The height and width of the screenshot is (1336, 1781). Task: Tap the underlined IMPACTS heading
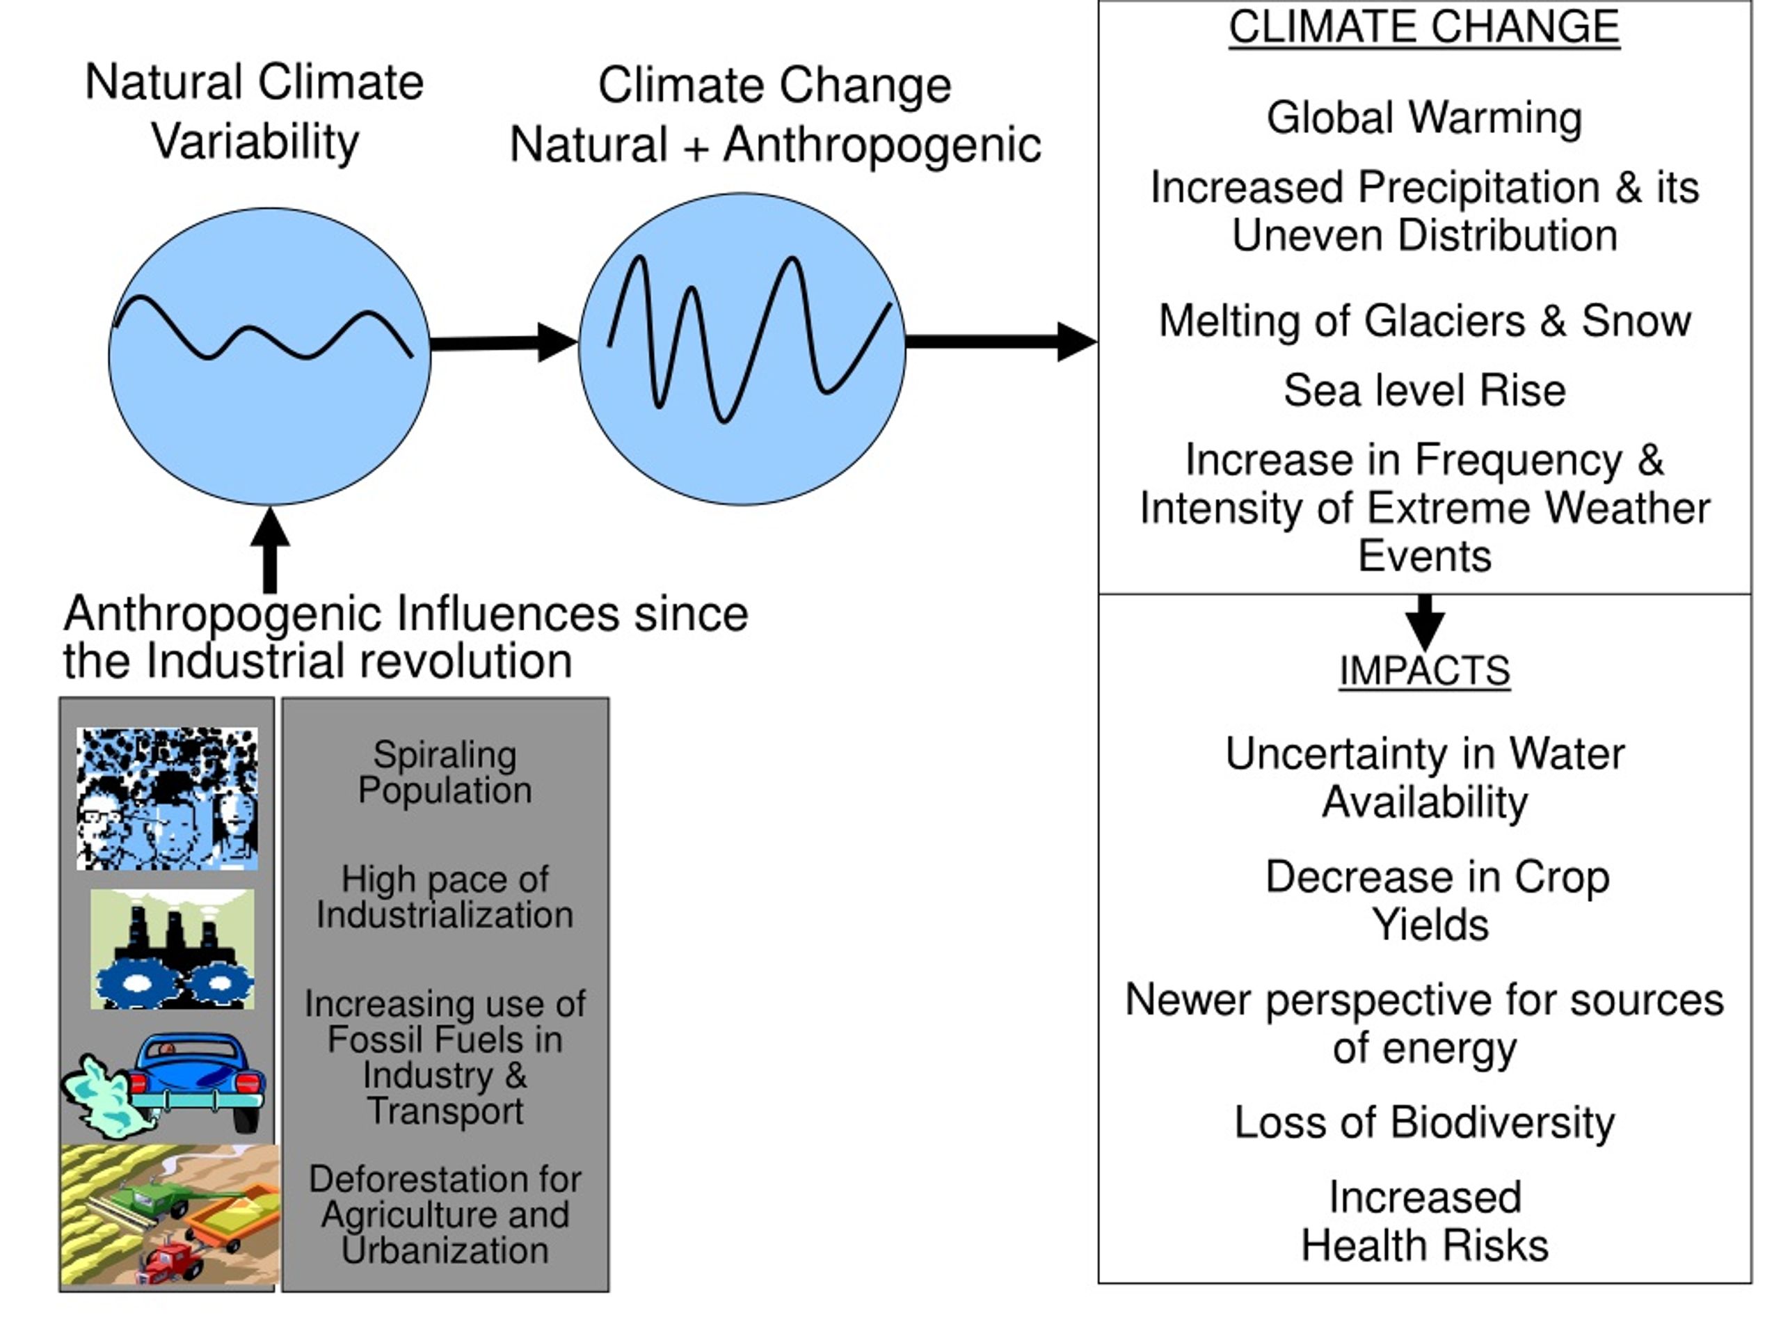coord(1424,671)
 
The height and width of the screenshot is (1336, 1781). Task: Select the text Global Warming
coord(1424,118)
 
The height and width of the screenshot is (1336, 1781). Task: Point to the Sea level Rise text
coord(1424,390)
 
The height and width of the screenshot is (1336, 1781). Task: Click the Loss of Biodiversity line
coord(1424,1122)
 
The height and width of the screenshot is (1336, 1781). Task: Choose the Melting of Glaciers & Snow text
coord(1424,321)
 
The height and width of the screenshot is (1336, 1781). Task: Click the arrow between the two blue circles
coord(504,343)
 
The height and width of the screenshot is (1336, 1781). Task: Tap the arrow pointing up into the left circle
coord(271,550)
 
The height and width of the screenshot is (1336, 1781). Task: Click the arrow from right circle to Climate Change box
coord(1002,342)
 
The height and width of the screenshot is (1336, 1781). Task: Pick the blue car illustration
coord(198,1081)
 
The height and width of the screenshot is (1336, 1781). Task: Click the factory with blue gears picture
coord(173,949)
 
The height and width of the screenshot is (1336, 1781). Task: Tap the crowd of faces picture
coord(168,799)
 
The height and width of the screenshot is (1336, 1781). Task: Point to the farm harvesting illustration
coord(170,1215)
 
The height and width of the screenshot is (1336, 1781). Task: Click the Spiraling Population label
coord(445,772)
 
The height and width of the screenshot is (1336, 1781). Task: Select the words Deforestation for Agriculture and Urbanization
coord(445,1214)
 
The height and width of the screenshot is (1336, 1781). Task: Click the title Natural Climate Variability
coord(255,112)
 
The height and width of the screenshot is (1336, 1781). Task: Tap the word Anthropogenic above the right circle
coord(882,145)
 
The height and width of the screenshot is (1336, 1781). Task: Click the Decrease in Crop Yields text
coord(1437,900)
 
